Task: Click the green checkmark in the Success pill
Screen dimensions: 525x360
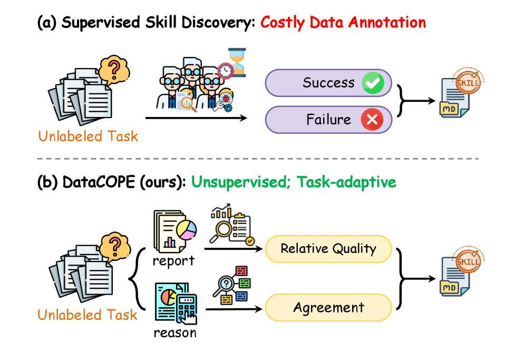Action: [x=373, y=83]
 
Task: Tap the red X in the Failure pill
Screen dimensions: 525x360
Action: [x=372, y=119]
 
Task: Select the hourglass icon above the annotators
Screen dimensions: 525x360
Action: [x=237, y=63]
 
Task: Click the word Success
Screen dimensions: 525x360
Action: [x=328, y=83]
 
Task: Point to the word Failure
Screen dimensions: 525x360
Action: [x=328, y=119]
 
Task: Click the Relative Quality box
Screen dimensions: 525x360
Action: [x=328, y=249]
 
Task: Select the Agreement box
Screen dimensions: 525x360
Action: [x=328, y=307]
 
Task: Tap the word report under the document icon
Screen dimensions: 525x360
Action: [x=173, y=261]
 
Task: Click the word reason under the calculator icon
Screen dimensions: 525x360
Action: [x=175, y=333]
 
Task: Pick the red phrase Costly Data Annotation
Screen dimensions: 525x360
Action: [x=343, y=23]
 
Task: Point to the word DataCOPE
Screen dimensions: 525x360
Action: [x=99, y=182]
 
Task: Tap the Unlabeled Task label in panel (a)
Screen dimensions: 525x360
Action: [x=88, y=137]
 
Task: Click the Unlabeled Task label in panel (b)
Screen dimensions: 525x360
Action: [x=87, y=315]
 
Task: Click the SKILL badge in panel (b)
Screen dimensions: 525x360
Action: [x=468, y=261]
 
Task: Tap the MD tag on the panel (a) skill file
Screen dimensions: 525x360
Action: [x=449, y=109]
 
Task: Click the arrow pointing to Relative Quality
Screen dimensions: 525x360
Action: [x=234, y=249]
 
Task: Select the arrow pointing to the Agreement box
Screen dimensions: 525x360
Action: [x=234, y=309]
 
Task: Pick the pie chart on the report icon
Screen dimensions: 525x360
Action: [x=187, y=229]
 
